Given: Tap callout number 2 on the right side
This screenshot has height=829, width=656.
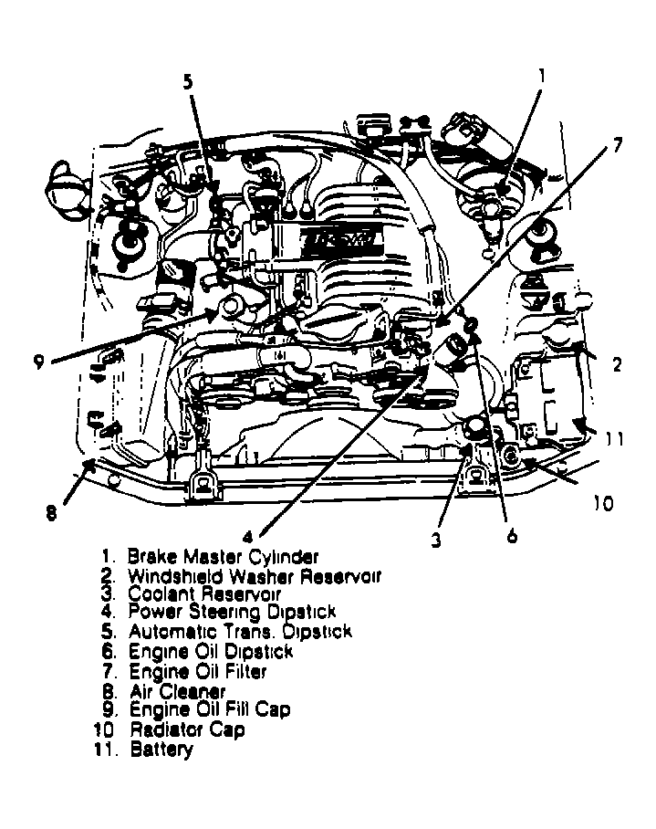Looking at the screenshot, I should coord(617,365).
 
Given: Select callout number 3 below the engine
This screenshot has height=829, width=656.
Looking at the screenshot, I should coord(437,540).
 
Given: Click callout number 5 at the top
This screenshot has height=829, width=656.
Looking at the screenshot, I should coord(188,82).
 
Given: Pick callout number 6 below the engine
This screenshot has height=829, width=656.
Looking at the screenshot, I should coord(512,536).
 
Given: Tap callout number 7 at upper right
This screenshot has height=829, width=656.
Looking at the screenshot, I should coord(617,144).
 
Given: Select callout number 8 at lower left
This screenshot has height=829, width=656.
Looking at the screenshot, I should coord(52,513).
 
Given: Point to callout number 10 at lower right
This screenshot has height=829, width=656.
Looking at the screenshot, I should coord(604,502).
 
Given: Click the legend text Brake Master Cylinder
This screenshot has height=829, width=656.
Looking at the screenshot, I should coord(224,555).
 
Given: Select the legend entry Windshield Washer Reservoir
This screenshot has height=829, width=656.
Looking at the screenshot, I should coord(254,575).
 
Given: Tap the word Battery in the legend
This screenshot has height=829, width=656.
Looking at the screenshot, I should coord(161,750).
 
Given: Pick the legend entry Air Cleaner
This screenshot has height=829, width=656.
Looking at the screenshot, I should coord(177,692).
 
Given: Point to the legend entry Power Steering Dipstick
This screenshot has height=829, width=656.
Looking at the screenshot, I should coord(232,612).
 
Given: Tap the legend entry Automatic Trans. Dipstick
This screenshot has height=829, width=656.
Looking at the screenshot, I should coord(239,632).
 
